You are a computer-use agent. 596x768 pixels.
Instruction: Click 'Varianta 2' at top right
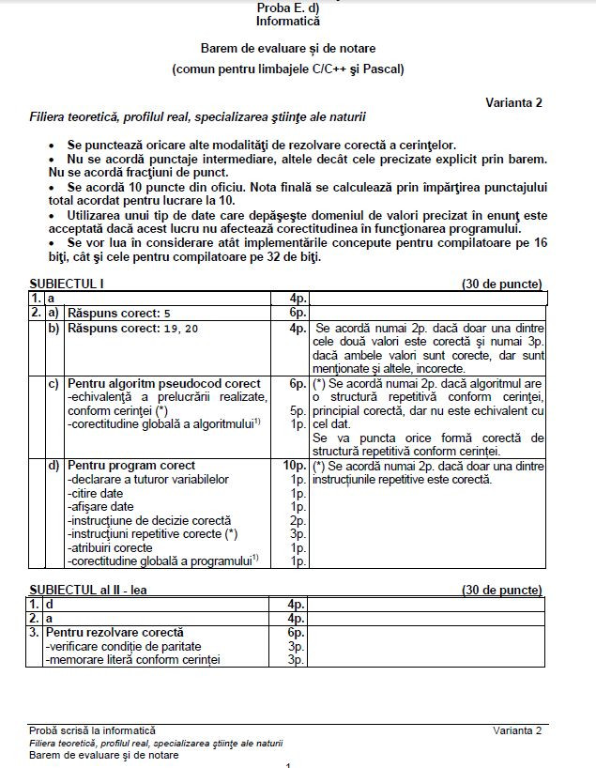click(512, 102)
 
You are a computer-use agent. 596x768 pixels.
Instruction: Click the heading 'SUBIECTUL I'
click(67, 284)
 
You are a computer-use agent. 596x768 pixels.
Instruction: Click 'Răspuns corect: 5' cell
click(119, 313)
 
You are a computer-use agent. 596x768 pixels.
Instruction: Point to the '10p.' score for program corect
click(295, 466)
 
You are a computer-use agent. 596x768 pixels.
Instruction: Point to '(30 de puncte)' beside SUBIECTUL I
click(501, 284)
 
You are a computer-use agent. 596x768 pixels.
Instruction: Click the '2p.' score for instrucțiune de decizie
click(298, 520)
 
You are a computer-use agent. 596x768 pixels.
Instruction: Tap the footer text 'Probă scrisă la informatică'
click(92, 730)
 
